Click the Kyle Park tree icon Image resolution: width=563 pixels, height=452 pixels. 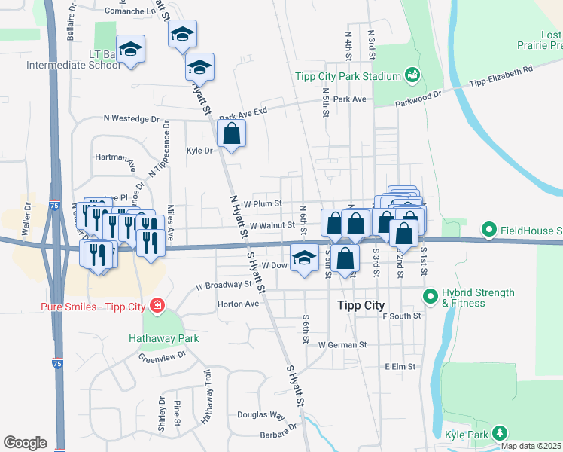click(498, 432)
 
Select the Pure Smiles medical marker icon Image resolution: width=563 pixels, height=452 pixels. click(157, 306)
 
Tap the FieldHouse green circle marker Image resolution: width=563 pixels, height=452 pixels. click(488, 229)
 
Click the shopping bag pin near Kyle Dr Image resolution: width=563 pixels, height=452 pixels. click(232, 135)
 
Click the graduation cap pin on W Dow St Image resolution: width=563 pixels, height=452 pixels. click(303, 258)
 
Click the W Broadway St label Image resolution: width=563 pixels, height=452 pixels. click(223, 286)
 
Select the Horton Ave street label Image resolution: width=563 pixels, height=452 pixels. click(238, 304)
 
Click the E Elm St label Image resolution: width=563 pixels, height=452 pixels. click(400, 367)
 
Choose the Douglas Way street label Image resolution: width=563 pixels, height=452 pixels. click(261, 415)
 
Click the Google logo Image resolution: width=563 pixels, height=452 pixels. click(25, 443)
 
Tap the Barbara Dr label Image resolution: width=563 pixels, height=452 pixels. click(277, 433)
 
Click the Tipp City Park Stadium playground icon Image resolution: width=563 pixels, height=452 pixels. click(412, 75)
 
